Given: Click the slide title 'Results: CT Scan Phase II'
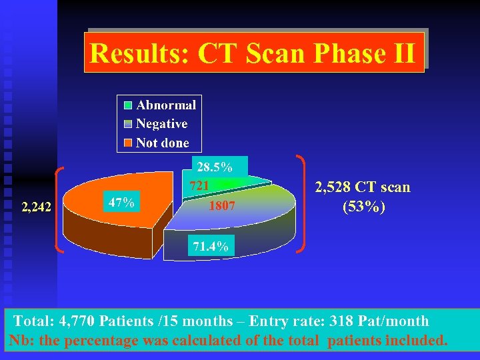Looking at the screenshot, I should (253, 53).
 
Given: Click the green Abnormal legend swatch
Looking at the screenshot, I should (127, 105).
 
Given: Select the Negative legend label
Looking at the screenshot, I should (161, 123).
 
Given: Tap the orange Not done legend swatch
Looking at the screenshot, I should (127, 143).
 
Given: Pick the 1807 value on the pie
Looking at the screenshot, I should (222, 206).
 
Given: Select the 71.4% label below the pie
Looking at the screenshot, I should (211, 247).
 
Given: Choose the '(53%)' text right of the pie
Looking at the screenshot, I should (364, 207).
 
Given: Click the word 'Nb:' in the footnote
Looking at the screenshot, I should (21, 341).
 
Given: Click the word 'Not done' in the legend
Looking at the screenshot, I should (162, 143).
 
